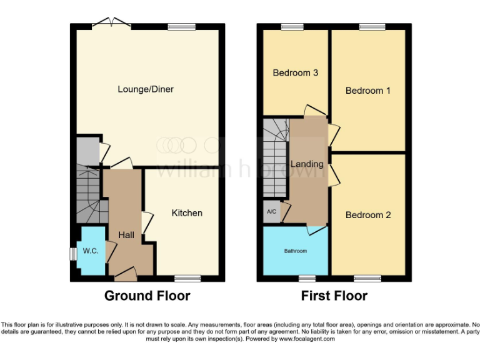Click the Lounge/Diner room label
coord(146,89)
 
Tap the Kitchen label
coord(187,213)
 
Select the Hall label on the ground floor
coord(127,235)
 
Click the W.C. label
coord(91,251)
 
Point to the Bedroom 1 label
coord(368,91)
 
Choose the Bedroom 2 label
coord(368,215)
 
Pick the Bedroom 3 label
coord(296,73)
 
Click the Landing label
coord(308,164)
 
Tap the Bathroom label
coord(296,251)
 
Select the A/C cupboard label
coord(272,212)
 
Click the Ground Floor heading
coord(147,296)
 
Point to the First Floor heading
coord(334,296)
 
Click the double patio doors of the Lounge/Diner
coord(111,24)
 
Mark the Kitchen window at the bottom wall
coord(187,277)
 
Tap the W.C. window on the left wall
coord(73,252)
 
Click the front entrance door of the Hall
coord(126,273)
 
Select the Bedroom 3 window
coord(292,26)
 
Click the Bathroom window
coord(307,277)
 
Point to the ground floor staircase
coord(87,194)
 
